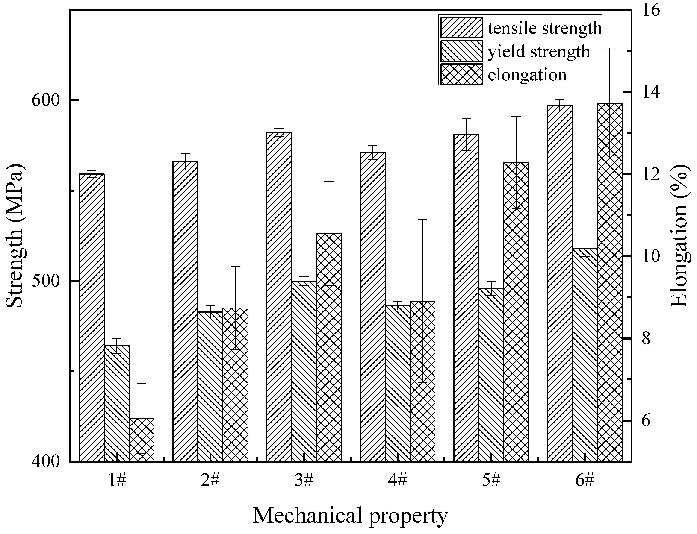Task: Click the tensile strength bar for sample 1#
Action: click(92, 318)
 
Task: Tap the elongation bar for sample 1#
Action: click(142, 440)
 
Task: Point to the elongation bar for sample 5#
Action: click(516, 311)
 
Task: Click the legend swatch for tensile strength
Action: click(462, 28)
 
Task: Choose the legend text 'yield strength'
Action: click(539, 52)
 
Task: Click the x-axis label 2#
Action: click(210, 481)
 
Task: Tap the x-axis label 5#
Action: click(491, 481)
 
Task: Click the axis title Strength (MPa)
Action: click(15, 236)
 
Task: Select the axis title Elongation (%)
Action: click(679, 236)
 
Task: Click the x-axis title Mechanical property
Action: click(350, 516)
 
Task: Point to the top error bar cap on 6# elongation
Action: click(610, 48)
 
